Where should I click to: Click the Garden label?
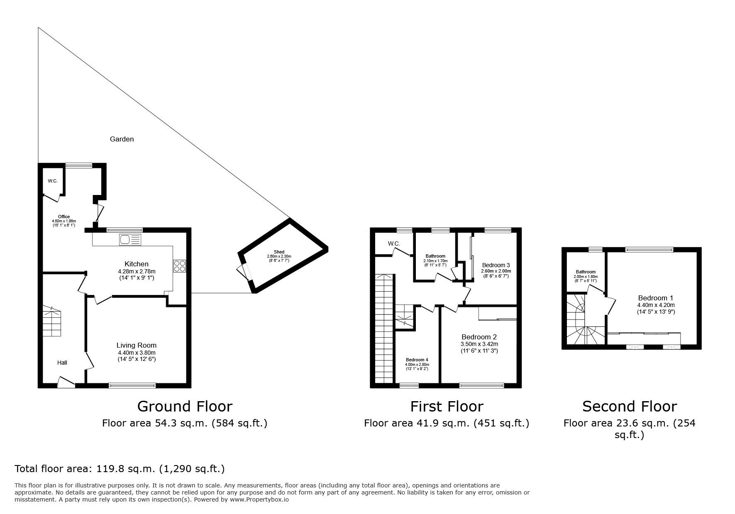click(122, 139)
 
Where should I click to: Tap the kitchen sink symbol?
click(130, 239)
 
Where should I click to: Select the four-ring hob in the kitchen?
click(180, 266)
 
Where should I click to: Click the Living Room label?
click(136, 345)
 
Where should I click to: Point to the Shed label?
click(279, 252)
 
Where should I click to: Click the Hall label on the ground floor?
click(62, 363)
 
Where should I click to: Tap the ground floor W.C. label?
click(52, 181)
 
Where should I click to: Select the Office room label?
click(63, 217)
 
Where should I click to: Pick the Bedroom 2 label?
click(479, 337)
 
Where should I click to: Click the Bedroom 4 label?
click(417, 360)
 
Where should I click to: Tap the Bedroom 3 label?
click(496, 265)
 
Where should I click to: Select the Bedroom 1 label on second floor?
click(656, 298)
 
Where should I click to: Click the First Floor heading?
click(447, 406)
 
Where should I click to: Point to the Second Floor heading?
click(629, 406)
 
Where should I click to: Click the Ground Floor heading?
click(185, 406)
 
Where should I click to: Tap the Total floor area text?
click(120, 469)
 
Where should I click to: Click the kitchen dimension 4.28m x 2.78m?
click(136, 271)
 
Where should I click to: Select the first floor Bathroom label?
click(435, 256)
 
